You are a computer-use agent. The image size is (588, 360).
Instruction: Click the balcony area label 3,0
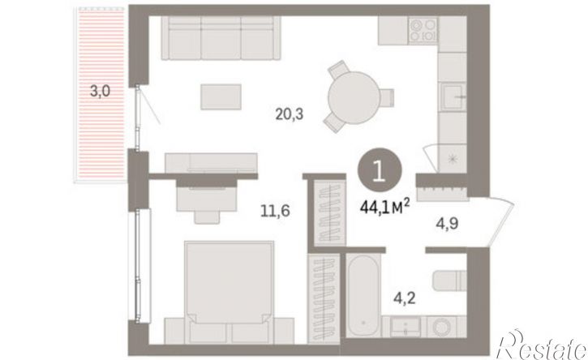pos(100,91)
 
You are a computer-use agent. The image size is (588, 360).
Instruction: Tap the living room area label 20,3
pos(289,114)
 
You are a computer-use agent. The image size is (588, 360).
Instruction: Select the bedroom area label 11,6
pos(275,211)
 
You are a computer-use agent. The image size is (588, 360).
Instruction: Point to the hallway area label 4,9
pos(447,224)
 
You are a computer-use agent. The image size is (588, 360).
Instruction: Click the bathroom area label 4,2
pos(405,298)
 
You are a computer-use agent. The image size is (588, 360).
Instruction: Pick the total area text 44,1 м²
pos(384,207)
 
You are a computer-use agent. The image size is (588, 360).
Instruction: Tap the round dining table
pos(354,97)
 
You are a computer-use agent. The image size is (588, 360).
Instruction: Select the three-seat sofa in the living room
pos(221,38)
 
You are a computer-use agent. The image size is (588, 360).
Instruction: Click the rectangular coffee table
pos(221,96)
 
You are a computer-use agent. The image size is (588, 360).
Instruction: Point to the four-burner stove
pos(423,30)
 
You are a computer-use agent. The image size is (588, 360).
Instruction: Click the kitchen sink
pos(453,96)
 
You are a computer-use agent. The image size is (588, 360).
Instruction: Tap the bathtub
pos(363,295)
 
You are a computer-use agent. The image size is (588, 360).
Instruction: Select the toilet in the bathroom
pos(449,281)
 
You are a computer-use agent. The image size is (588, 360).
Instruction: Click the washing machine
pos(444,327)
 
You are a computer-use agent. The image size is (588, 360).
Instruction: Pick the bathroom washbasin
pos(406,327)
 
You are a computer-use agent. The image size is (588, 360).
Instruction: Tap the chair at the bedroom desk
pos(207,216)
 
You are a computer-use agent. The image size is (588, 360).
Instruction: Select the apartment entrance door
pos(501,221)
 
